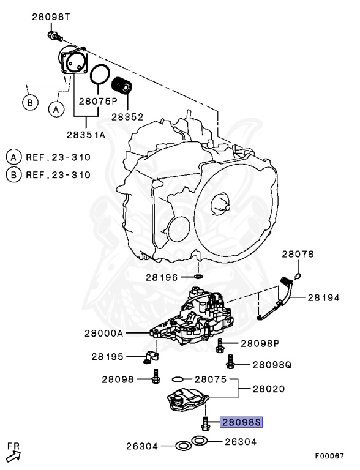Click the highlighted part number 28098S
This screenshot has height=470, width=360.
[241, 422]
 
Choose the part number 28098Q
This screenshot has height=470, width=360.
[272, 364]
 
